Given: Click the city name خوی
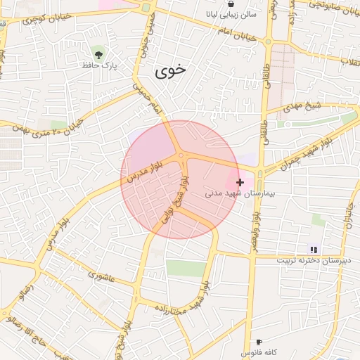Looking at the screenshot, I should tap(171, 71).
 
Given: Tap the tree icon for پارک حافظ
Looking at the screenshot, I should tap(98, 53).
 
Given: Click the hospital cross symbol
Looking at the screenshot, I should tap(240, 182).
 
